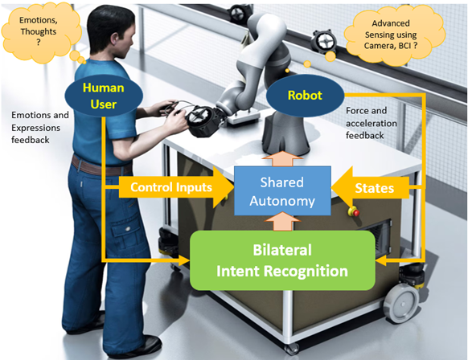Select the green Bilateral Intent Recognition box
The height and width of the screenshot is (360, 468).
click(281, 260)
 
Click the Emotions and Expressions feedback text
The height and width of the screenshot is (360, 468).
click(40, 127)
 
